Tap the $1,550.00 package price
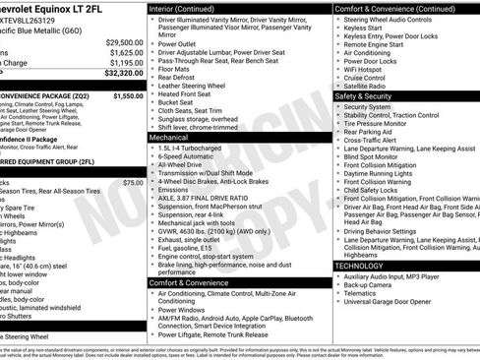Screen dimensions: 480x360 tap(127, 96)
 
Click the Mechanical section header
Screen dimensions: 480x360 tap(169, 138)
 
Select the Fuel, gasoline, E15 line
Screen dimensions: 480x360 tap(193, 246)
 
